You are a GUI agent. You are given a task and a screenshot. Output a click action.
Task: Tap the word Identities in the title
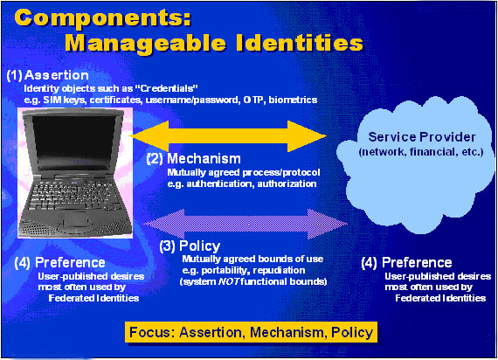[300, 43]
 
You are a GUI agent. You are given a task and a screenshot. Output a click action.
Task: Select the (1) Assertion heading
[48, 75]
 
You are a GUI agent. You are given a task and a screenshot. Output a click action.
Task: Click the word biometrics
[293, 100]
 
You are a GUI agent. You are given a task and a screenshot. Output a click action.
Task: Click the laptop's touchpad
[74, 218]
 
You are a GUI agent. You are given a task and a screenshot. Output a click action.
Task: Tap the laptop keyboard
[73, 195]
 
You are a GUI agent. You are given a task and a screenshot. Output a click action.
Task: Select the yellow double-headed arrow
[227, 136]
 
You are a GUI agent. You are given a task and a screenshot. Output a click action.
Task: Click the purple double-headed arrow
[245, 224]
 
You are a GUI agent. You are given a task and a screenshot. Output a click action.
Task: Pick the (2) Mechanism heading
[194, 158]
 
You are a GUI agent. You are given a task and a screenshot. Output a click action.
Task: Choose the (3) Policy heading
[190, 246]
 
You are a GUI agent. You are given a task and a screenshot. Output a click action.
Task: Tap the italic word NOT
[228, 282]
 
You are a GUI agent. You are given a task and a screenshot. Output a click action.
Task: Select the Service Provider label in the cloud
[422, 137]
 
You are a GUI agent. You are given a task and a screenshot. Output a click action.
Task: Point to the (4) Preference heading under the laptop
[59, 262]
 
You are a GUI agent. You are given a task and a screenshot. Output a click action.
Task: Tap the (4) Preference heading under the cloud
[406, 262]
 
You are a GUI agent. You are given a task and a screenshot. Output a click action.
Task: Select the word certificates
[115, 100]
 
